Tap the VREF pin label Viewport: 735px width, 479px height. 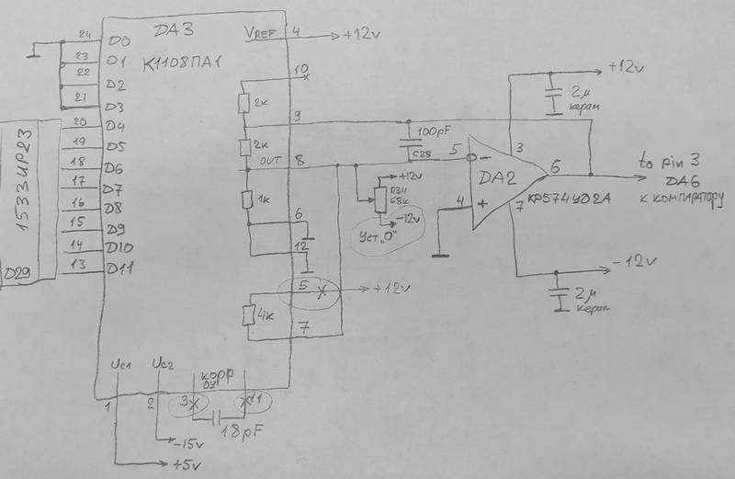pos(261,34)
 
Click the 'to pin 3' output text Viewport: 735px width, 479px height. pos(674,160)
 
